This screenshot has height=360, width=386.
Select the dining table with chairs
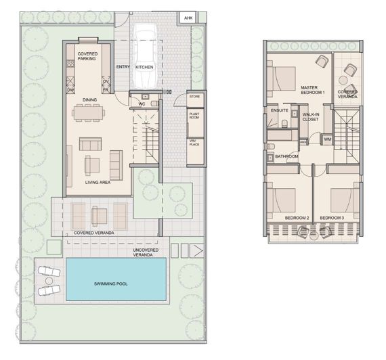tap(90, 115)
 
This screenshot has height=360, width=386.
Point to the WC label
tap(143, 104)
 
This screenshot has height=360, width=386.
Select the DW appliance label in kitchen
tap(70, 89)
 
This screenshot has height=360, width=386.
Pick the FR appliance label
tap(106, 89)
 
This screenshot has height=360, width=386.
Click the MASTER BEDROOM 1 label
tap(313, 89)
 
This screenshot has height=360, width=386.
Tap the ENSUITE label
tap(279, 110)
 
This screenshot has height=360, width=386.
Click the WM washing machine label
tap(326, 139)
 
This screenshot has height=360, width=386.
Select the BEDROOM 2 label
tap(297, 217)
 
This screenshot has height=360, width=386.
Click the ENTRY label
tap(123, 67)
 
